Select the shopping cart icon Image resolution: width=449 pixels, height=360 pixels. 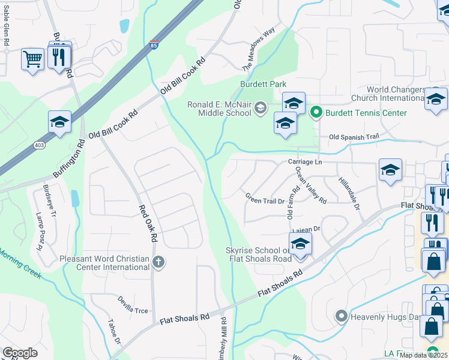click(32, 59)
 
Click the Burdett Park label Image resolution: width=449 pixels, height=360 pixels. click(263, 85)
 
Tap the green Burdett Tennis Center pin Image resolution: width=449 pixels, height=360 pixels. click(315, 112)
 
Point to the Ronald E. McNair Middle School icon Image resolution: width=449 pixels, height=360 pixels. click(260, 108)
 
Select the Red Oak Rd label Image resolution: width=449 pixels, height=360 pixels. click(148, 223)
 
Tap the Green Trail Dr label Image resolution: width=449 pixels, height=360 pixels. click(265, 198)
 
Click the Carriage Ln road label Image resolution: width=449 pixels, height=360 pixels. click(305, 162)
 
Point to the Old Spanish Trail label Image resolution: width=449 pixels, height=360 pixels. click(354, 137)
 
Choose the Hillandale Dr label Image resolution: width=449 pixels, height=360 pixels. click(349, 193)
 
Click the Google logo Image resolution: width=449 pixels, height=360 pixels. click(19, 353)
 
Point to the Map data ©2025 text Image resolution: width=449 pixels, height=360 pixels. click(423, 355)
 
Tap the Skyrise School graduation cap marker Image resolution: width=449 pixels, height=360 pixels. click(300, 244)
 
